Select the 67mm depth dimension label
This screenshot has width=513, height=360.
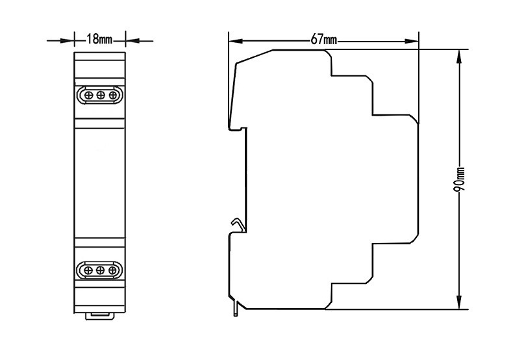(323, 40)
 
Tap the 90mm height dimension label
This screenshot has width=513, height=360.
(460, 179)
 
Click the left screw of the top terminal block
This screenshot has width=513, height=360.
(89, 96)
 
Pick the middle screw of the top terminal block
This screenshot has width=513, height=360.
(101, 96)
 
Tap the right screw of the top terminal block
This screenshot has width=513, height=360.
(113, 96)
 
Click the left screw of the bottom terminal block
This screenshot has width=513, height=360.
(88, 270)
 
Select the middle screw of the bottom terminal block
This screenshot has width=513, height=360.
(101, 270)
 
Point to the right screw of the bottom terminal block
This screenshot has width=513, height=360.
(112, 270)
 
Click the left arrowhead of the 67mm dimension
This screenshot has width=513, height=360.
(236, 41)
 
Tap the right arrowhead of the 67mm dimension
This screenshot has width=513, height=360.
(412, 41)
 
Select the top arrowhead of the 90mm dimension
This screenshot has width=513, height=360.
(460, 57)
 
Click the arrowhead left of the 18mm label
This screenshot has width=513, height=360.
(67, 41)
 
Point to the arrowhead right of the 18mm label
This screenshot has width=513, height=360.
(133, 41)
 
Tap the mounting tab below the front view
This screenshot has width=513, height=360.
(100, 316)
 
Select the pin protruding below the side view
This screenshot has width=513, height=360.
(235, 308)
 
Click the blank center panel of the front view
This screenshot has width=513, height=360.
(100, 183)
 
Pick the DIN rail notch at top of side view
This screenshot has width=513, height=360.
(238, 129)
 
